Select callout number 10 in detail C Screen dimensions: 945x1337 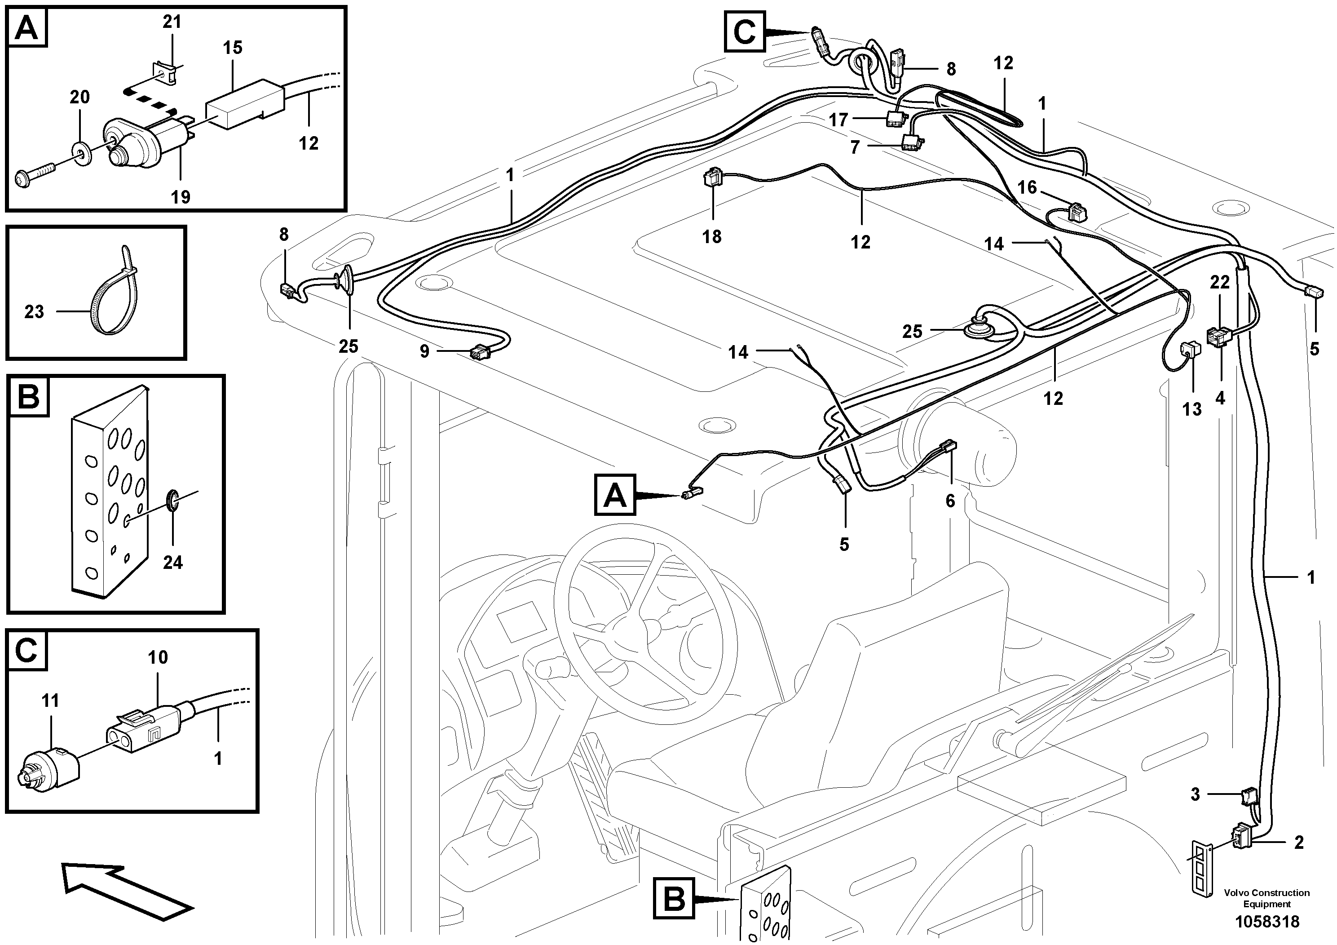coord(158,657)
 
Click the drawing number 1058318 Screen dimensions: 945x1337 coord(1267,922)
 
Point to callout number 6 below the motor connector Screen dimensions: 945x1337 coord(950,501)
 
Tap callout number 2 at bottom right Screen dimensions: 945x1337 coord(1298,842)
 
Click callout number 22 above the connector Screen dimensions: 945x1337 coord(1219,282)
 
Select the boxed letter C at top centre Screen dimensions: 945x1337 coord(744,33)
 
